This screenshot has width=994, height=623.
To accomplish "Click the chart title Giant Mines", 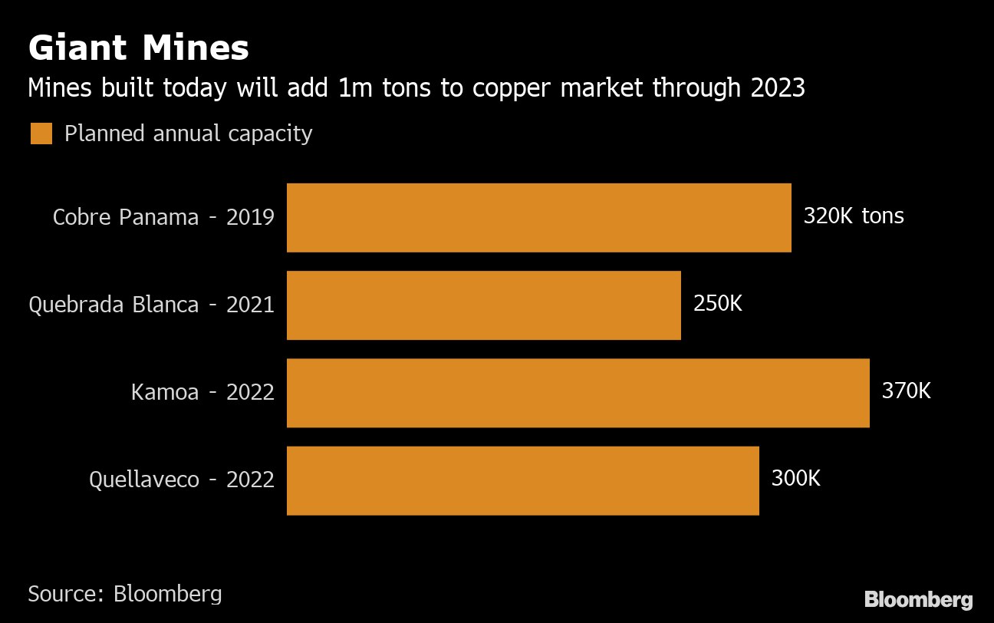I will (x=138, y=48).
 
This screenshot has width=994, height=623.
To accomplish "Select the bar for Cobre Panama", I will (x=538, y=217).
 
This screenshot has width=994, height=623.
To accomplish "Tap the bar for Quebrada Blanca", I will (x=483, y=305).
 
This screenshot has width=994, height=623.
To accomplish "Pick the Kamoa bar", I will (x=578, y=392).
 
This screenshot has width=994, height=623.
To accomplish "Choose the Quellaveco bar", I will (x=522, y=480).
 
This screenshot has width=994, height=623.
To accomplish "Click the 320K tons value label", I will (x=853, y=216).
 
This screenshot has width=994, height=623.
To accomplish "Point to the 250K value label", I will (x=717, y=304).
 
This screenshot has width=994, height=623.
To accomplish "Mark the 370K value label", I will (x=906, y=391).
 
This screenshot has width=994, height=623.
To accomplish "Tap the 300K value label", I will (x=795, y=479).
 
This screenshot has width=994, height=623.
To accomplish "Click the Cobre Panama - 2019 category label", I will (x=163, y=217).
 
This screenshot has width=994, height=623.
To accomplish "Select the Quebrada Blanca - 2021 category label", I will (x=151, y=305).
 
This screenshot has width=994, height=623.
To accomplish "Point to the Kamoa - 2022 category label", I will (x=202, y=392).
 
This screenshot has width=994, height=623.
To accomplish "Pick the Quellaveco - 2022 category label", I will (x=182, y=480).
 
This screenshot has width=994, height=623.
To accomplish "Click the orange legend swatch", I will (x=41, y=133).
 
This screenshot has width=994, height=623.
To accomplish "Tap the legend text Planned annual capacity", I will (x=188, y=133).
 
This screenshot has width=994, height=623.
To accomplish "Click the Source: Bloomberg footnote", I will (x=125, y=593).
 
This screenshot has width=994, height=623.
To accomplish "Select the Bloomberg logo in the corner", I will (x=918, y=599).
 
